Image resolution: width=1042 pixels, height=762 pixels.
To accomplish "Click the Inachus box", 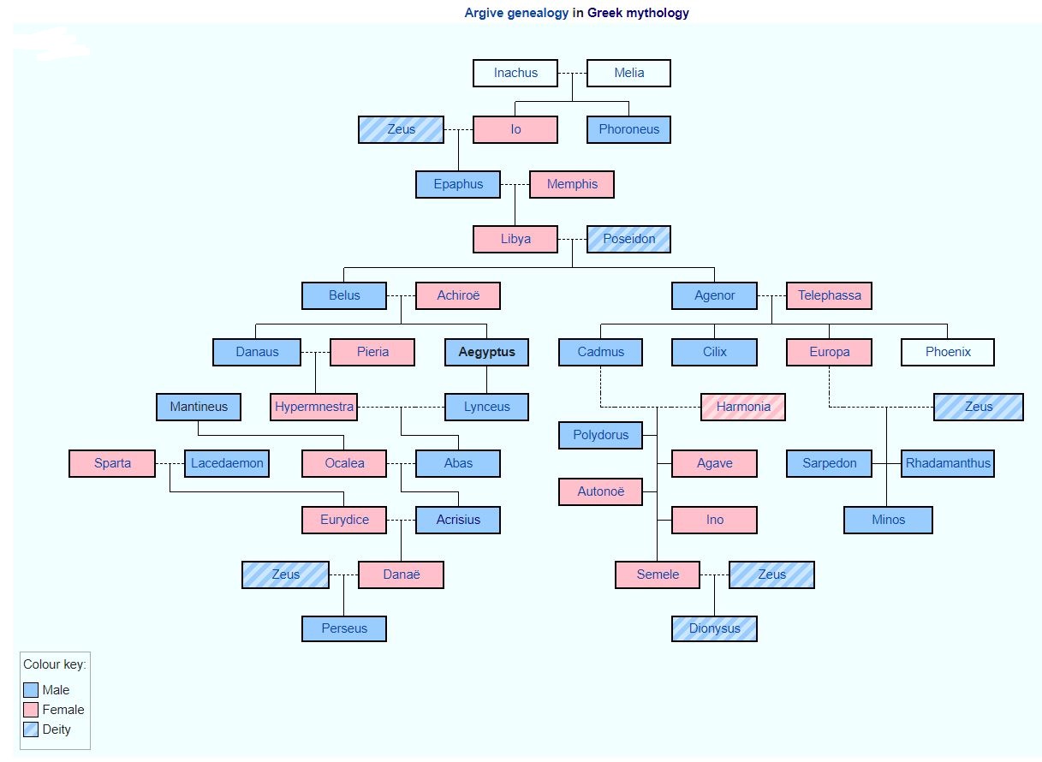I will (515, 74).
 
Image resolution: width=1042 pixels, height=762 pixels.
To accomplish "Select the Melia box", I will (628, 74).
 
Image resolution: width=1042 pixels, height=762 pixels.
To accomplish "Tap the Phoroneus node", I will (628, 130).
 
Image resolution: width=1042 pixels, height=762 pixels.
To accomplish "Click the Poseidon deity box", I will (628, 240).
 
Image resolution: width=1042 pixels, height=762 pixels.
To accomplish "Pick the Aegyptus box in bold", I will (486, 352).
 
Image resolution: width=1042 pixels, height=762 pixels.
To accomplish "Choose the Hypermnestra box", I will (314, 407).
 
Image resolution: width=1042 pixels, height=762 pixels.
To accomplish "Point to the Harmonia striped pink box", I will (742, 407).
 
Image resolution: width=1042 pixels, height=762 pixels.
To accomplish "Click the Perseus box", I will (344, 628).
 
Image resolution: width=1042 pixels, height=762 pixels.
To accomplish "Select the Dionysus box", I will (714, 628).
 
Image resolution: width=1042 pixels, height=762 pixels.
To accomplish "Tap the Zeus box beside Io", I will (401, 130).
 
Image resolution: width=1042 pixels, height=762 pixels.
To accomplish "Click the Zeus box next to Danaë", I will (285, 574).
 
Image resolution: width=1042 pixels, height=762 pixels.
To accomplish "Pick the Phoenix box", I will (947, 352).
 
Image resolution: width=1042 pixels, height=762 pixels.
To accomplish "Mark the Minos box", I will (888, 520).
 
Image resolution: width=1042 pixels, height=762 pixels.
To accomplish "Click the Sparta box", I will (112, 463).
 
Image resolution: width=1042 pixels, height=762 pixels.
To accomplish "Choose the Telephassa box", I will (829, 296).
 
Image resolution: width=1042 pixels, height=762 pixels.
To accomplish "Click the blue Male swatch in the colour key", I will (31, 690).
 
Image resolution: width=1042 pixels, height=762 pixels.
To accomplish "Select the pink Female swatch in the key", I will (31, 710).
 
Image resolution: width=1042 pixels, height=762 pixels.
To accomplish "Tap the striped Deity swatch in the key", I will (31, 729).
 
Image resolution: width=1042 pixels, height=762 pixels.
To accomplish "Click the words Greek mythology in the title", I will (638, 13).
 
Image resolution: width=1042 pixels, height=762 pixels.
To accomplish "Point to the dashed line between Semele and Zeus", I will (715, 574).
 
